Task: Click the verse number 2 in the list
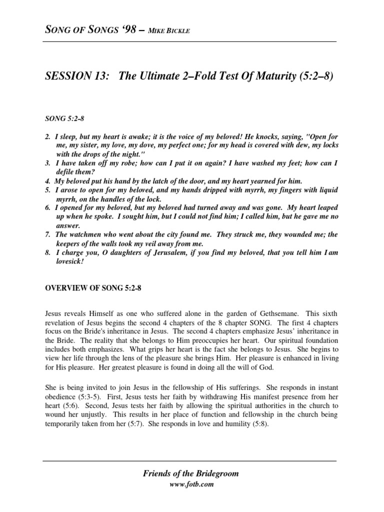(x=47, y=137)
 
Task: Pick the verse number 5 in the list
(x=47, y=191)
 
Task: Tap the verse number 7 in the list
(x=47, y=234)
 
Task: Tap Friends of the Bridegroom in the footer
(x=191, y=473)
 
